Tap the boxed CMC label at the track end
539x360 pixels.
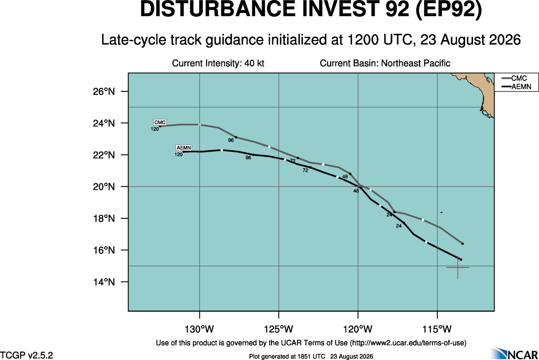160,122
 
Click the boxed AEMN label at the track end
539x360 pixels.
184,148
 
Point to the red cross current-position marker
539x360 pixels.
458,267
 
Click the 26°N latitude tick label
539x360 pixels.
104,91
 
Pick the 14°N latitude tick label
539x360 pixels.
104,282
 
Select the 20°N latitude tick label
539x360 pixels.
104,186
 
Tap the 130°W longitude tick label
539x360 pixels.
200,329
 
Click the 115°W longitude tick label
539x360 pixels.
437,329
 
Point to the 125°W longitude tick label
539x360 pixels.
279,329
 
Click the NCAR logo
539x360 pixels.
514,353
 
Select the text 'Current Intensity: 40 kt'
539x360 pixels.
218,63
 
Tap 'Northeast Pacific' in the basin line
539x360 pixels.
416,63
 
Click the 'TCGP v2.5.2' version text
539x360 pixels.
26,355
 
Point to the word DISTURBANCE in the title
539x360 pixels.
218,9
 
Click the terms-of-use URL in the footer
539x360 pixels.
408,343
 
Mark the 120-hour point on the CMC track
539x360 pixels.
160,126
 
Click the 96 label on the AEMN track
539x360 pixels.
248,158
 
